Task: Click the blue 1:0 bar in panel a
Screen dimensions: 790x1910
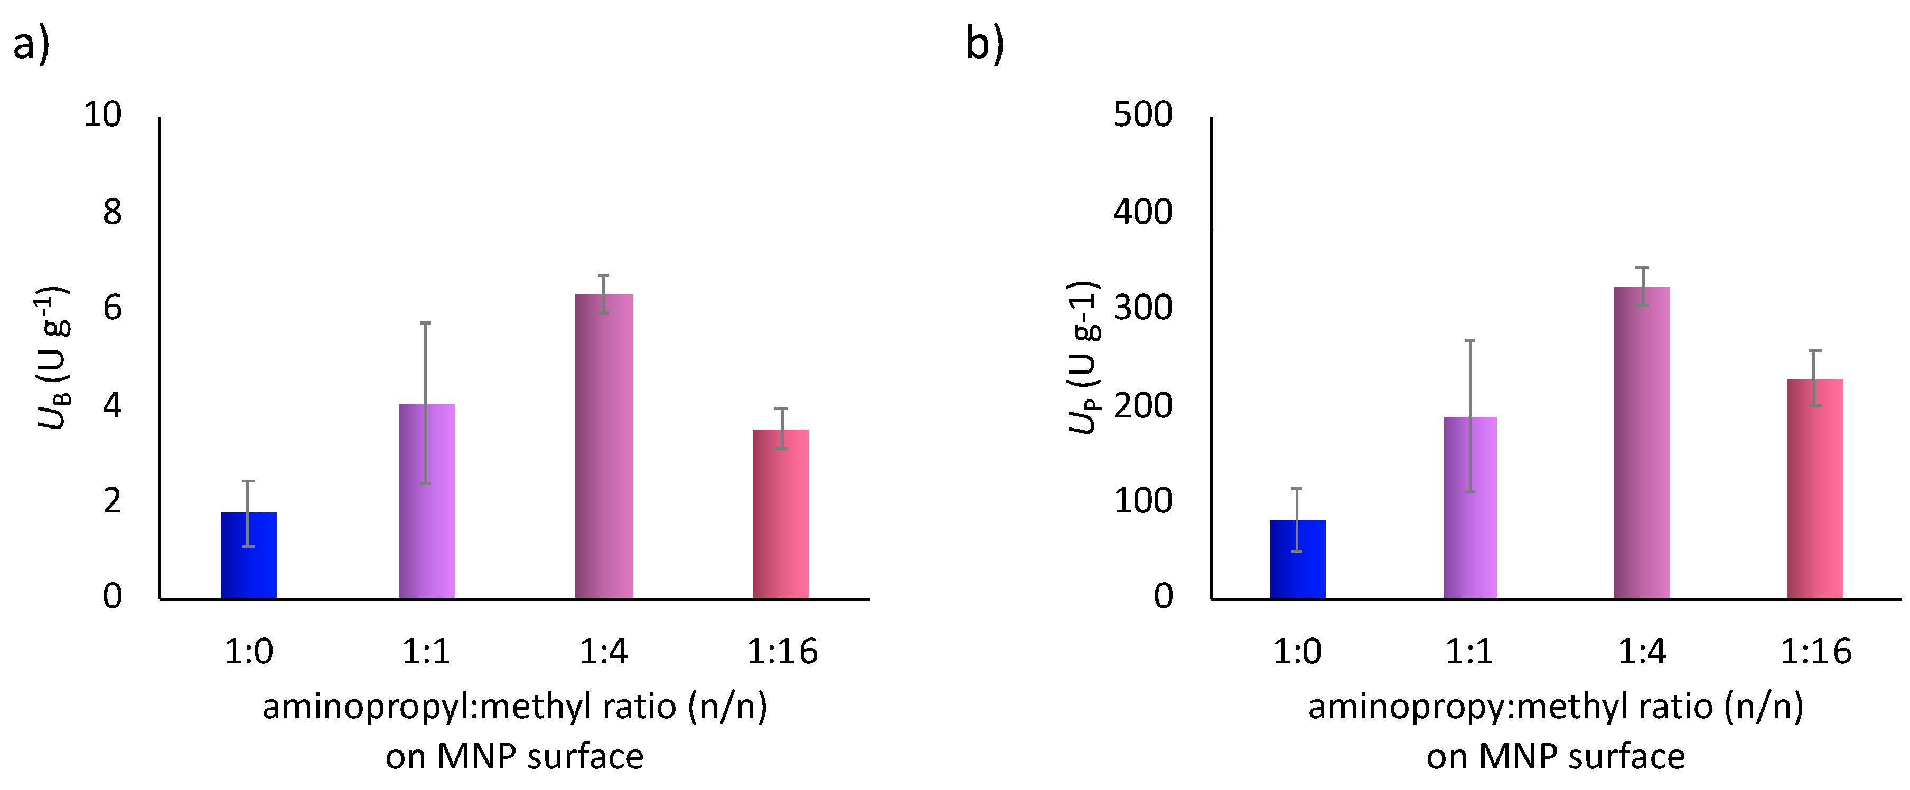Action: tap(248, 555)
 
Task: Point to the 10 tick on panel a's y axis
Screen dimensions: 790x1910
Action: tap(102, 115)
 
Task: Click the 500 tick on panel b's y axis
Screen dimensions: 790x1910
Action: tap(1143, 115)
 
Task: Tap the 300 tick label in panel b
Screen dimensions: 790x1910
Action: tap(1143, 308)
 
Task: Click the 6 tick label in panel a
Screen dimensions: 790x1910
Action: tap(112, 308)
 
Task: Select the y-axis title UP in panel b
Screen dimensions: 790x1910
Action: tap(1083, 357)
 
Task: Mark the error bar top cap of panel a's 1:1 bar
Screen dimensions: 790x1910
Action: tap(426, 323)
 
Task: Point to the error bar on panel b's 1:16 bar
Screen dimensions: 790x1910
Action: tap(1814, 378)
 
